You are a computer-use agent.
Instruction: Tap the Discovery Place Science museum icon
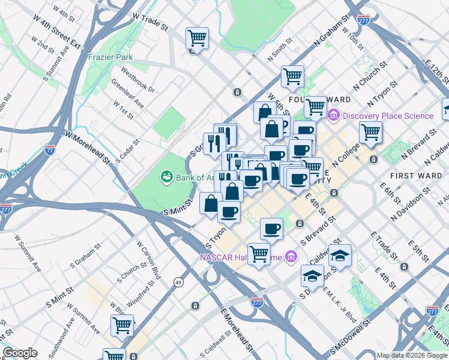[334, 115]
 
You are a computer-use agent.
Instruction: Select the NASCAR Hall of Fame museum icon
[291, 257]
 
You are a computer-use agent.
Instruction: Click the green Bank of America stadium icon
[166, 176]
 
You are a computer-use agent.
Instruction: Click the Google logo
[20, 352]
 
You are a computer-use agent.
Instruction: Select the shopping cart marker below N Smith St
[292, 77]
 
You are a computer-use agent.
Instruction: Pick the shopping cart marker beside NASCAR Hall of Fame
[259, 254]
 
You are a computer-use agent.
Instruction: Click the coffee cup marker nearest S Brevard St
[272, 229]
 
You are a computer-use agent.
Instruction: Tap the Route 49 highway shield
[178, 281]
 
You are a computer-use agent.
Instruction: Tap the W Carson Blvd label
[149, 260]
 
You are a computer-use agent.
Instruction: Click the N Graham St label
[331, 32]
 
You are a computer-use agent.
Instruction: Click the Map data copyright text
[411, 355]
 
